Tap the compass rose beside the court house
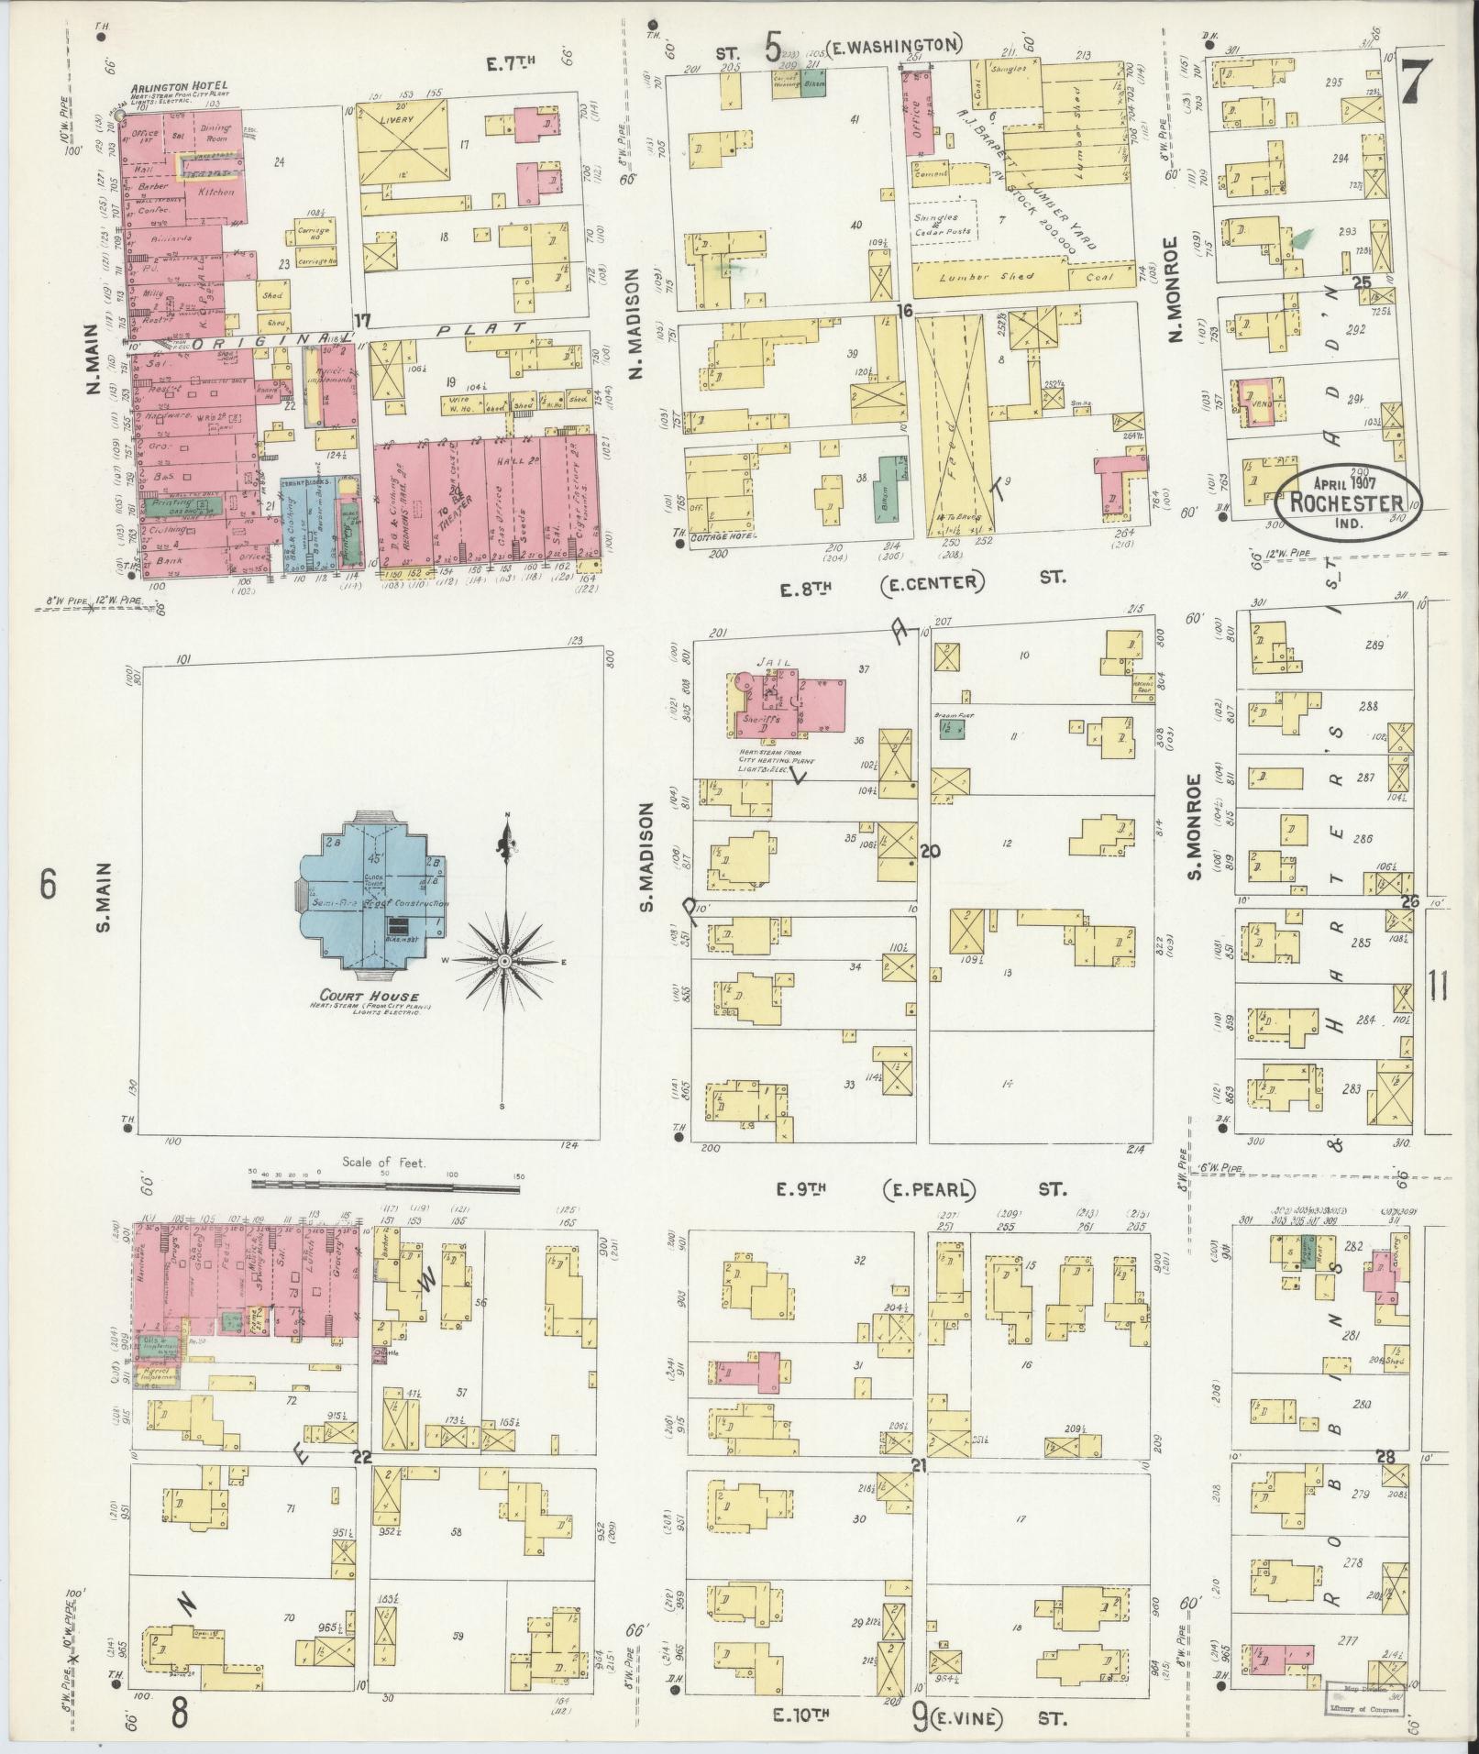(x=503, y=959)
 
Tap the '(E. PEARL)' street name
(x=929, y=1190)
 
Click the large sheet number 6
(x=48, y=886)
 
